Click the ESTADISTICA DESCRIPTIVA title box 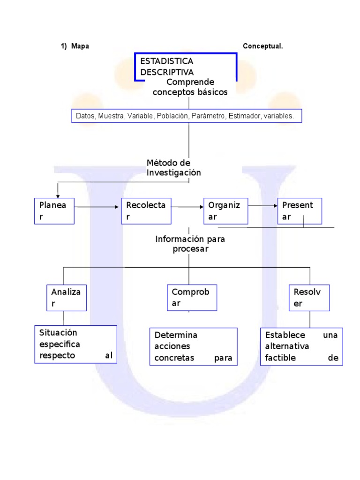click(x=186, y=67)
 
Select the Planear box click(x=54, y=211)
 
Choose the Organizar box click(x=225, y=211)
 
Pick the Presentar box click(x=300, y=211)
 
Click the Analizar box click(x=67, y=298)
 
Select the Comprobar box click(x=192, y=298)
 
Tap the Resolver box click(x=309, y=298)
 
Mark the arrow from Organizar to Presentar click(x=262, y=205)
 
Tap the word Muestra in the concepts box click(x=111, y=116)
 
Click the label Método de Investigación click(x=173, y=168)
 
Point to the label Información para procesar click(x=190, y=244)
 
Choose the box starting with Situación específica click(x=75, y=344)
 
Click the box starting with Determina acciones click(x=193, y=347)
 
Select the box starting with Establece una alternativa click(x=301, y=347)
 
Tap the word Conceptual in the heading click(x=263, y=46)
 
